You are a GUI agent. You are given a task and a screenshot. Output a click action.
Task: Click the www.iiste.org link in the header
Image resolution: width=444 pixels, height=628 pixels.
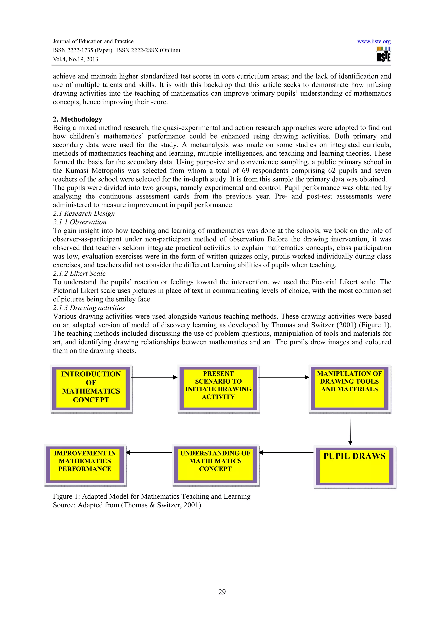(374, 42)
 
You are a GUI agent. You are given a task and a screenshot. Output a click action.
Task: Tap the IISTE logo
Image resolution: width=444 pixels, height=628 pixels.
(384, 54)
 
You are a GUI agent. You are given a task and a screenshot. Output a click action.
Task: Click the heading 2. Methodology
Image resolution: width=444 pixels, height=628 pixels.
(77, 119)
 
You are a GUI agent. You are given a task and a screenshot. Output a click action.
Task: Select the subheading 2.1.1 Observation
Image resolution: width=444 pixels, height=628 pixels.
(80, 222)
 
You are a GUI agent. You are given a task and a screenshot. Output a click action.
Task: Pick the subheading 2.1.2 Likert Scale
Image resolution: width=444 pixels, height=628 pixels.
(79, 273)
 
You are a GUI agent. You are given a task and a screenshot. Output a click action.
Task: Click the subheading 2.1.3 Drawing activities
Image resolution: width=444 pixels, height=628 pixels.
(89, 308)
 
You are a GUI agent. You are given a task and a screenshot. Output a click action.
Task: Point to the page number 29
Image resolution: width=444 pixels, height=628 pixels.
(222, 592)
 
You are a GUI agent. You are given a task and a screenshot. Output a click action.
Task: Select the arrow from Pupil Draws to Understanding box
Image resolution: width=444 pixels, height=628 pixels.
(286, 453)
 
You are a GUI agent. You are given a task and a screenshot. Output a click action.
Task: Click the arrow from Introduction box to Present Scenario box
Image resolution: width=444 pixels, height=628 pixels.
(154, 377)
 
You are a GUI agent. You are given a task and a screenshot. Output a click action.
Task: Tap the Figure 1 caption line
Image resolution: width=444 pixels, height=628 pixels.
(152, 496)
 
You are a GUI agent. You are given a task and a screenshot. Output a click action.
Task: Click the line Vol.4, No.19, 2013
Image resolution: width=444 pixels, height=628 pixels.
(75, 59)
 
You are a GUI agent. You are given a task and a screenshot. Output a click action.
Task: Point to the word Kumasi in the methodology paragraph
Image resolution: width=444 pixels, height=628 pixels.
(77, 171)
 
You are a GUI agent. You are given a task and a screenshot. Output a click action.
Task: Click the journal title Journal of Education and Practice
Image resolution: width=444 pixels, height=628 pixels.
(93, 42)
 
